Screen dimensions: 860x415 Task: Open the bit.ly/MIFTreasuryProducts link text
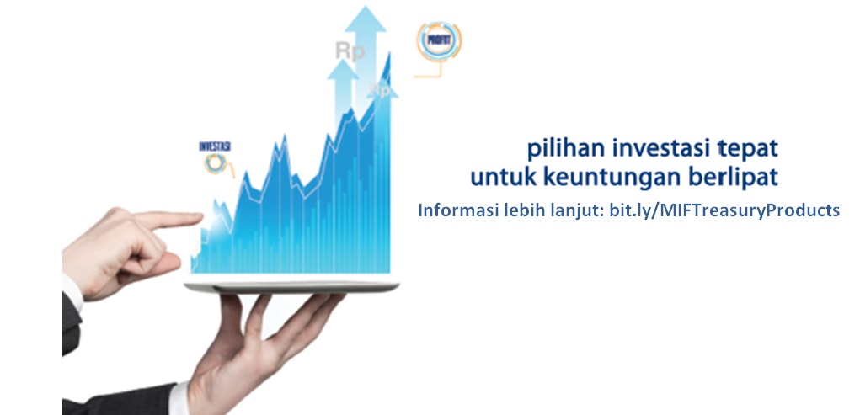[x=724, y=211]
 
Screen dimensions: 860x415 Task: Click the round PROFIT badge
[x=438, y=40]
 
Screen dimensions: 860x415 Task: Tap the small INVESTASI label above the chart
[x=215, y=146]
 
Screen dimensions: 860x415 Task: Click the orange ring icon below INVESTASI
[x=215, y=163]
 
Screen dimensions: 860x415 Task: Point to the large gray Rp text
[x=350, y=51]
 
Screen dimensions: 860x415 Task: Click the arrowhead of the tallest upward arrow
[x=366, y=19]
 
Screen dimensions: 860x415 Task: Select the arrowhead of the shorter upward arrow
[x=343, y=70]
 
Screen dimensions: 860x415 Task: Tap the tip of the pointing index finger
[x=200, y=220]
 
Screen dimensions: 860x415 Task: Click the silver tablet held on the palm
[x=291, y=287]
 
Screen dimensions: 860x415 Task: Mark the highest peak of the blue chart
[x=389, y=53]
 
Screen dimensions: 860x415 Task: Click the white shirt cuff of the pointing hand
[x=72, y=293]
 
